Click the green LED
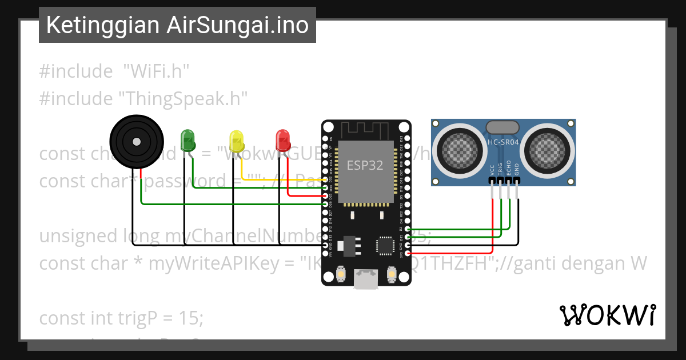click(188, 139)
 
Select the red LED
click(282, 139)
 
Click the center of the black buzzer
click(136, 141)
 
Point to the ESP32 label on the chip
click(365, 165)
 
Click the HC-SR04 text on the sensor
click(503, 142)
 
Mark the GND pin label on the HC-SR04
click(517, 170)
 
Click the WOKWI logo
click(607, 315)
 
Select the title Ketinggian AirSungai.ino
click(177, 25)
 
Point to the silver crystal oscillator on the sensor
click(502, 127)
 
